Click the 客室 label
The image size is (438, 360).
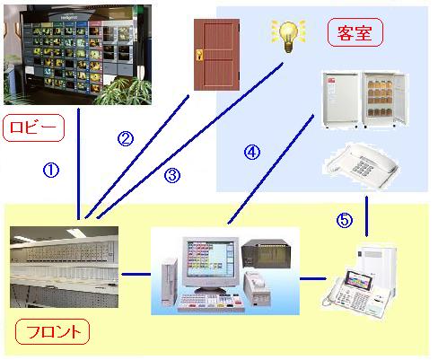point(355,32)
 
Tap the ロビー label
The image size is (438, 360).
point(33,127)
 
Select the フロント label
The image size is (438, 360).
point(52,331)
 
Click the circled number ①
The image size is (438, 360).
point(51,171)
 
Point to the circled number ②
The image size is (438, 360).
point(126,138)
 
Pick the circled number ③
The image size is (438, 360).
point(172,175)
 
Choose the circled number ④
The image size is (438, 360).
point(252,152)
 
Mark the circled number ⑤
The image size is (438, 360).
point(345,221)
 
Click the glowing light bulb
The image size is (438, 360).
point(288,36)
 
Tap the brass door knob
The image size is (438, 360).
point(199,56)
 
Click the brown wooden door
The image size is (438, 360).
point(216,55)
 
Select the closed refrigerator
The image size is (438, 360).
point(340,100)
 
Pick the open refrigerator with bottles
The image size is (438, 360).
point(384,100)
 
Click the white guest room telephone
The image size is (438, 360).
point(361,166)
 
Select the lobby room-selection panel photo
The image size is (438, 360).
point(77,55)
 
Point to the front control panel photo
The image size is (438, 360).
point(64,267)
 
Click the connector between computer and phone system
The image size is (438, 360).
point(313,279)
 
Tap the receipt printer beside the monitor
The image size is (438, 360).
point(258,288)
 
